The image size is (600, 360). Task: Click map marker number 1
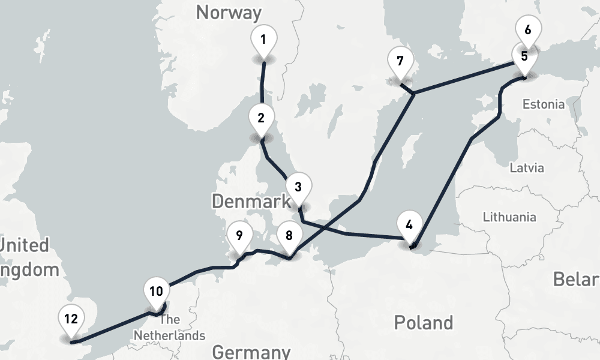(x=263, y=41)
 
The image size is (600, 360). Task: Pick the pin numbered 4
(x=409, y=226)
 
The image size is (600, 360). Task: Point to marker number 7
(x=400, y=61)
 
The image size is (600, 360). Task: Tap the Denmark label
(x=251, y=202)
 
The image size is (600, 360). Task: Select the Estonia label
(x=543, y=104)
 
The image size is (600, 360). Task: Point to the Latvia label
(x=526, y=167)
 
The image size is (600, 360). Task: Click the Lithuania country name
(x=509, y=217)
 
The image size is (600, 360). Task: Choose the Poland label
(x=423, y=323)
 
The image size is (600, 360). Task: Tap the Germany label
(x=251, y=352)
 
